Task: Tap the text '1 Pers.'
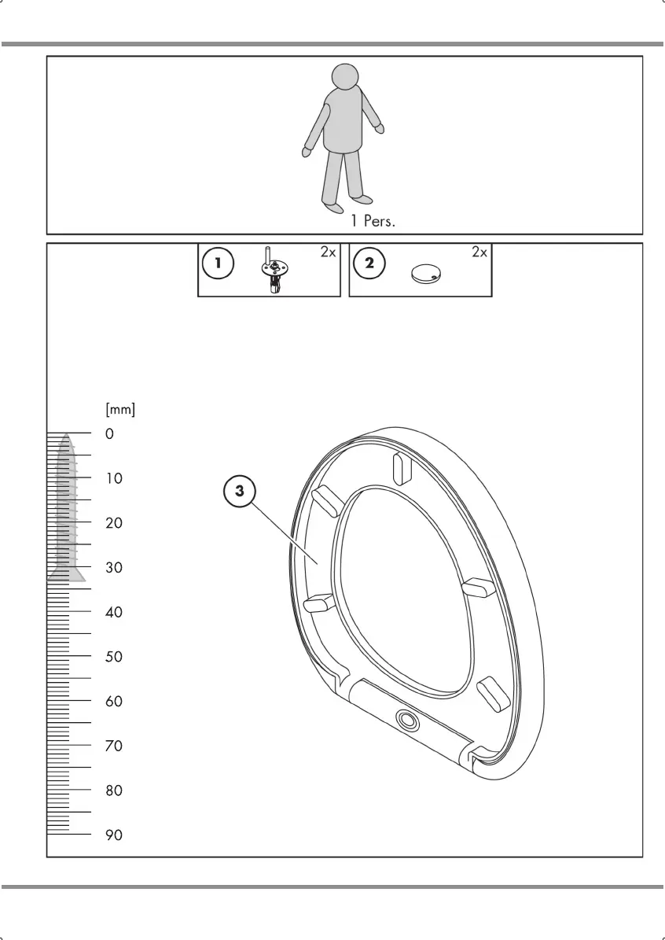373,221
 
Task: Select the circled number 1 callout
218,264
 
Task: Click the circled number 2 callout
369,264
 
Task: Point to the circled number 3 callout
240,491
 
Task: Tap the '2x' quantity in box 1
328,253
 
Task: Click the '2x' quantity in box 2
479,253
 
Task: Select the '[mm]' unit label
120,409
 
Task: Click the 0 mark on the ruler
109,433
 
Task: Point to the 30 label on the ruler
114,567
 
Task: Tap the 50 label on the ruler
114,657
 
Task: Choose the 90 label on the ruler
114,835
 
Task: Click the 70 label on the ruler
114,746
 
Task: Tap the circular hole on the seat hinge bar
406,719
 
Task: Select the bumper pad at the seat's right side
477,588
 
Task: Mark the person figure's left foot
362,198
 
